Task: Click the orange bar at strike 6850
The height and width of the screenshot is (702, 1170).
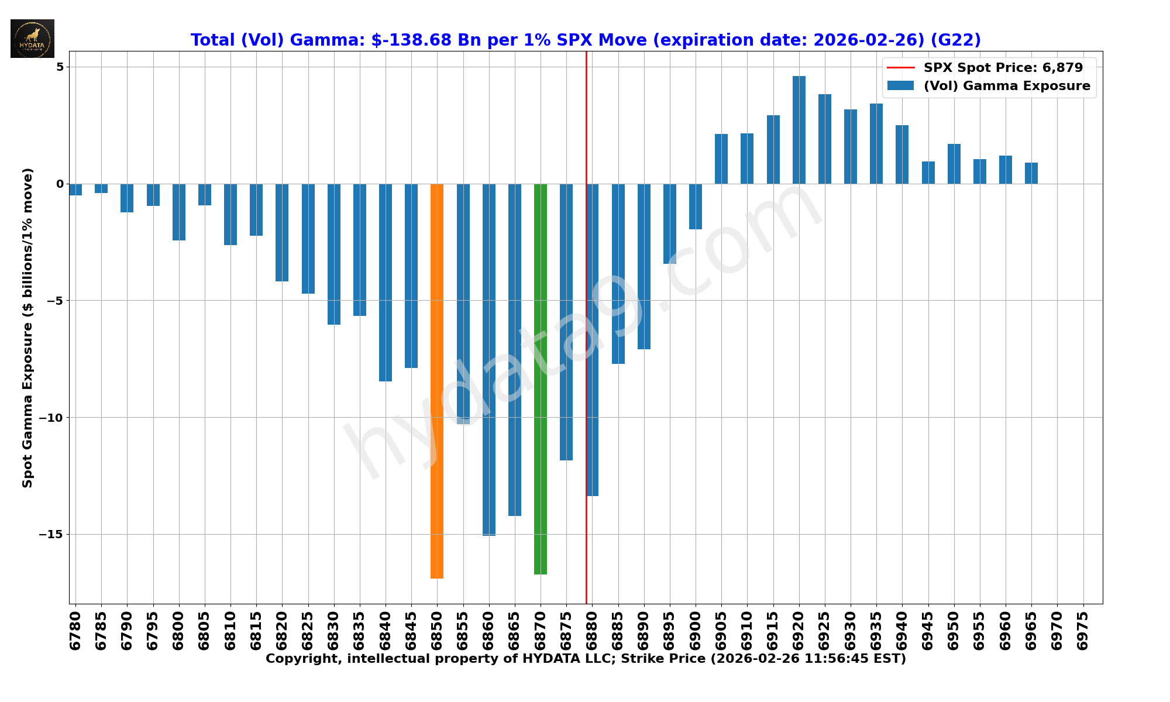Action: click(x=437, y=380)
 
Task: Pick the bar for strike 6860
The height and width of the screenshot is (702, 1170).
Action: click(x=489, y=359)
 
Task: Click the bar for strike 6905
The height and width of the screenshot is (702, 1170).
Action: click(x=721, y=159)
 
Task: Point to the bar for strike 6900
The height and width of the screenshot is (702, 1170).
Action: click(x=696, y=207)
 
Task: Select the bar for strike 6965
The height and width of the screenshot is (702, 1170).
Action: click(x=1031, y=173)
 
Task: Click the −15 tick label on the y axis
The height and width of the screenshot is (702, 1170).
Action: click(x=51, y=535)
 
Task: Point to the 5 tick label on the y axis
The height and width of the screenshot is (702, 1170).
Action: click(x=60, y=67)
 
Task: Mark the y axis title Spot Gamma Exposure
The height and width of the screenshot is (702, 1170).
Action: click(x=27, y=328)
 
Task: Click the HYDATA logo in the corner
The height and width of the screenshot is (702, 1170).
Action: click(x=32, y=39)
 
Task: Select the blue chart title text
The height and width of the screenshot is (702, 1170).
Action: click(x=586, y=40)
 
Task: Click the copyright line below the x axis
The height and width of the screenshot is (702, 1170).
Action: click(x=586, y=659)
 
